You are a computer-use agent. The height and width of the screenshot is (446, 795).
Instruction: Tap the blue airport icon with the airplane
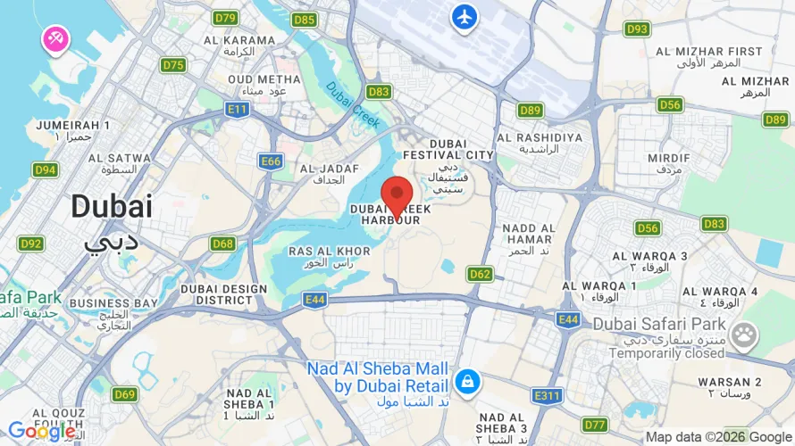464,17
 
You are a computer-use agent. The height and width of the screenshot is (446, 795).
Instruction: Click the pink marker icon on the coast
54,38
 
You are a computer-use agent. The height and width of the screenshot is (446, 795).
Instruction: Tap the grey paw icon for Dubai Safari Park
742,334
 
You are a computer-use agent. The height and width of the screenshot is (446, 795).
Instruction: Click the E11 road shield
238,108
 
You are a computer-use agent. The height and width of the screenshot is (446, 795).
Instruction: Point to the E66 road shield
271,161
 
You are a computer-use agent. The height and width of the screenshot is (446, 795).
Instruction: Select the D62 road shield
480,274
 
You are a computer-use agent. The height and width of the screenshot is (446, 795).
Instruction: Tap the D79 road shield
226,18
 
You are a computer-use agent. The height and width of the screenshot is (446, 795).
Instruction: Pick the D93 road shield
637,29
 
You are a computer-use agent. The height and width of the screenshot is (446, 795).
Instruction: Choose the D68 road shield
223,244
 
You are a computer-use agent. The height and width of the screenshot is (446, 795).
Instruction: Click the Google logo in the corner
41,432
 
